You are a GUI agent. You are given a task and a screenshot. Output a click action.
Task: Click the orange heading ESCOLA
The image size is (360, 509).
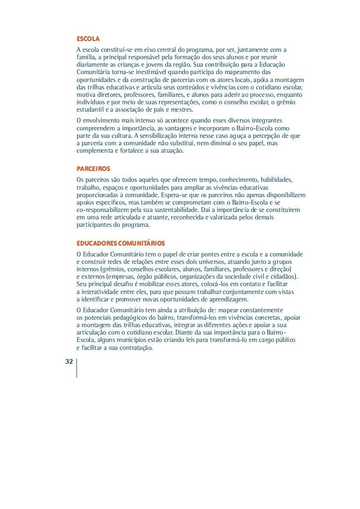point(88,39)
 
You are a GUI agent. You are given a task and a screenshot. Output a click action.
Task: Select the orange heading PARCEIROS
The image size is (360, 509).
point(93,169)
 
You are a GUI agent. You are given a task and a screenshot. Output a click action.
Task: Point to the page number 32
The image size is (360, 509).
point(69,362)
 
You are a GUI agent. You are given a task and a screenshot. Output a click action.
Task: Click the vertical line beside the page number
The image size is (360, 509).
point(77,368)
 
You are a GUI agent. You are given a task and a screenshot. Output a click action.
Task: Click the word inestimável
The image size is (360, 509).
point(147,72)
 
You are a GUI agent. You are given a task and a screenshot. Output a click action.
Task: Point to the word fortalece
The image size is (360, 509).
point(132,151)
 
